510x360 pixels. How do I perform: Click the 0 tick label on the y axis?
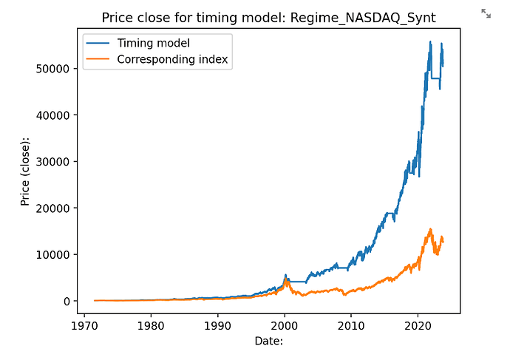click(66, 302)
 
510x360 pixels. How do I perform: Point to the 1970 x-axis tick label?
click(84, 325)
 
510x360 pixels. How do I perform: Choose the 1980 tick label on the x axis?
click(151, 325)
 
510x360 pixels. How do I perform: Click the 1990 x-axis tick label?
click(218, 325)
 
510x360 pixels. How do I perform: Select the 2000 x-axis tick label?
click(285, 325)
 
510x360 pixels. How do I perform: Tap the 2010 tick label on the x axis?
click(352, 325)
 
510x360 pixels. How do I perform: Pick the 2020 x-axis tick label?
click(418, 325)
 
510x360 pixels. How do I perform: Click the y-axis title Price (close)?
click(25, 172)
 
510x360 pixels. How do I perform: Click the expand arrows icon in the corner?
click(486, 13)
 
